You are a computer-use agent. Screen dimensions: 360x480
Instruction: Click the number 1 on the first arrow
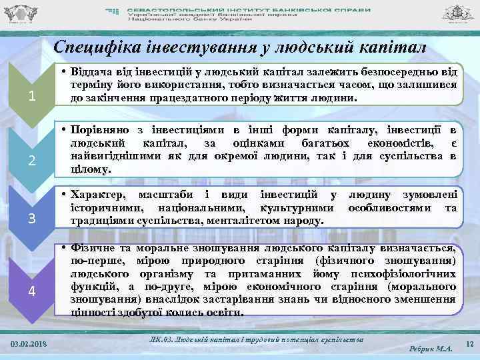click(31, 97)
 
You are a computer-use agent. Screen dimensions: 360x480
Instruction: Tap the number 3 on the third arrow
click(31, 219)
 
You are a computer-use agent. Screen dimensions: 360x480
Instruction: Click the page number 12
click(469, 344)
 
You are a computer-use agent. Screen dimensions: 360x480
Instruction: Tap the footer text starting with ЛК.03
click(257, 340)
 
